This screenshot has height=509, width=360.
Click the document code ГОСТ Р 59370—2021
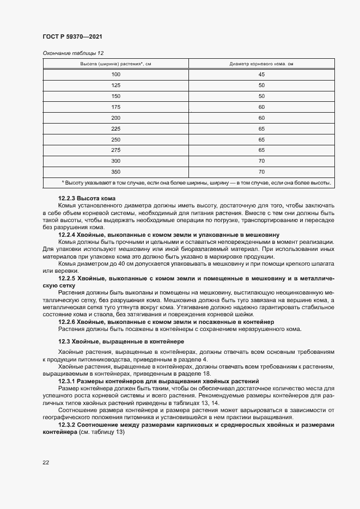[72, 36]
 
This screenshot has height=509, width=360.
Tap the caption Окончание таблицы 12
[73, 53]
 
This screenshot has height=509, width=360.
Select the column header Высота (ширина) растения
[115, 64]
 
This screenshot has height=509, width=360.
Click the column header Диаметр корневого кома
[261, 64]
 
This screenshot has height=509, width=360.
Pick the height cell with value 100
[115, 75]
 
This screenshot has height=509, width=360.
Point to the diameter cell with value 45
[261, 75]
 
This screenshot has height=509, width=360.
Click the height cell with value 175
[115, 107]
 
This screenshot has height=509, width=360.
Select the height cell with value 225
[115, 128]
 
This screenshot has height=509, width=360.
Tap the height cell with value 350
[115, 172]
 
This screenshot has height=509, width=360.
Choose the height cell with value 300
[115, 161]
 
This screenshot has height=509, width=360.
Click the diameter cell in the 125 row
[261, 85]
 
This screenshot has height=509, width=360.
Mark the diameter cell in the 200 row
[261, 118]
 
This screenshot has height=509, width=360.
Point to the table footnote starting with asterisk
[196, 183]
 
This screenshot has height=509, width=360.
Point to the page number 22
[46, 463]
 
